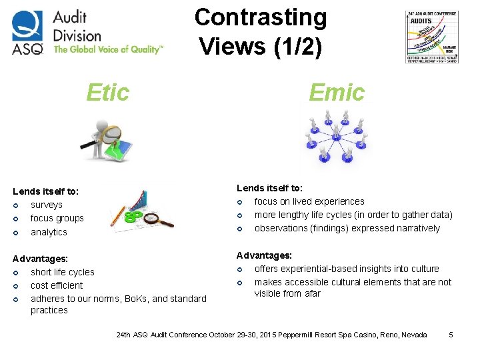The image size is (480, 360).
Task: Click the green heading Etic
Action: (x=107, y=93)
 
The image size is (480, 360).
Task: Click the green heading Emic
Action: (x=337, y=93)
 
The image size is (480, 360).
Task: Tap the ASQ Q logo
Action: (x=27, y=32)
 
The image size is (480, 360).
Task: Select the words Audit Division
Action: (x=77, y=26)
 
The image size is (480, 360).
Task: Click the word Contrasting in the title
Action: (x=261, y=17)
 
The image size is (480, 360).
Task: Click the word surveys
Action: (x=47, y=205)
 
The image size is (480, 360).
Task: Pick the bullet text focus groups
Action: (x=57, y=218)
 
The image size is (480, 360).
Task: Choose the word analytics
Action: (x=49, y=232)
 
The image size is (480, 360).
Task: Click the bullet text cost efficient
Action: (x=57, y=285)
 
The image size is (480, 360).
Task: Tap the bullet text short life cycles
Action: (x=63, y=272)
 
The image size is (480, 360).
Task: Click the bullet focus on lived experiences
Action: (x=309, y=201)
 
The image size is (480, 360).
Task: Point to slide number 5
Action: (x=451, y=334)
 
